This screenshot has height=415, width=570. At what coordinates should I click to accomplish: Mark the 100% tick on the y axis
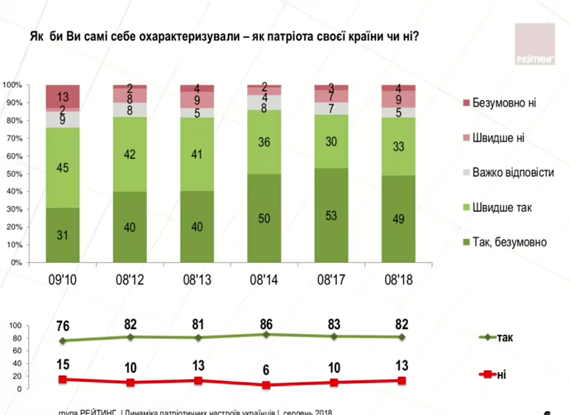click(11, 85)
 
